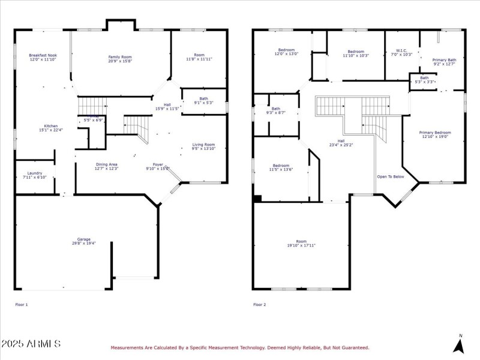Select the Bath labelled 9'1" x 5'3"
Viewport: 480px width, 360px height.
[203, 100]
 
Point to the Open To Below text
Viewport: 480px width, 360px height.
[390, 177]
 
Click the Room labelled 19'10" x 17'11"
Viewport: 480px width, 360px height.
[301, 243]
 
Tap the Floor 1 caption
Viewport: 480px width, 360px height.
[21, 305]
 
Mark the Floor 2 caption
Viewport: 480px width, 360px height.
[259, 305]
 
